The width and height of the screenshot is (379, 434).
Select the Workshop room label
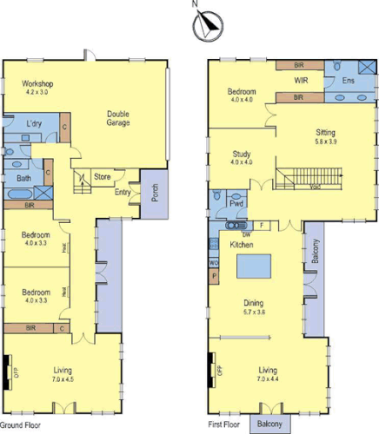(x=38, y=83)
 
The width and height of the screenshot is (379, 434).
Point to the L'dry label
(x=35, y=124)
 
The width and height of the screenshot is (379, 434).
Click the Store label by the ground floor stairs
(x=103, y=177)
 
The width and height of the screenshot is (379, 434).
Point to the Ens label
(x=349, y=81)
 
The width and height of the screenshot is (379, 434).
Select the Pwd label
(x=236, y=205)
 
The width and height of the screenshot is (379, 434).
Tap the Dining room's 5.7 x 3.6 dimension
(x=258, y=312)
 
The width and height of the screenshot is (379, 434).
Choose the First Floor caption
(x=224, y=425)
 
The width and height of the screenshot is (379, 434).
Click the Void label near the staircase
(x=315, y=186)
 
